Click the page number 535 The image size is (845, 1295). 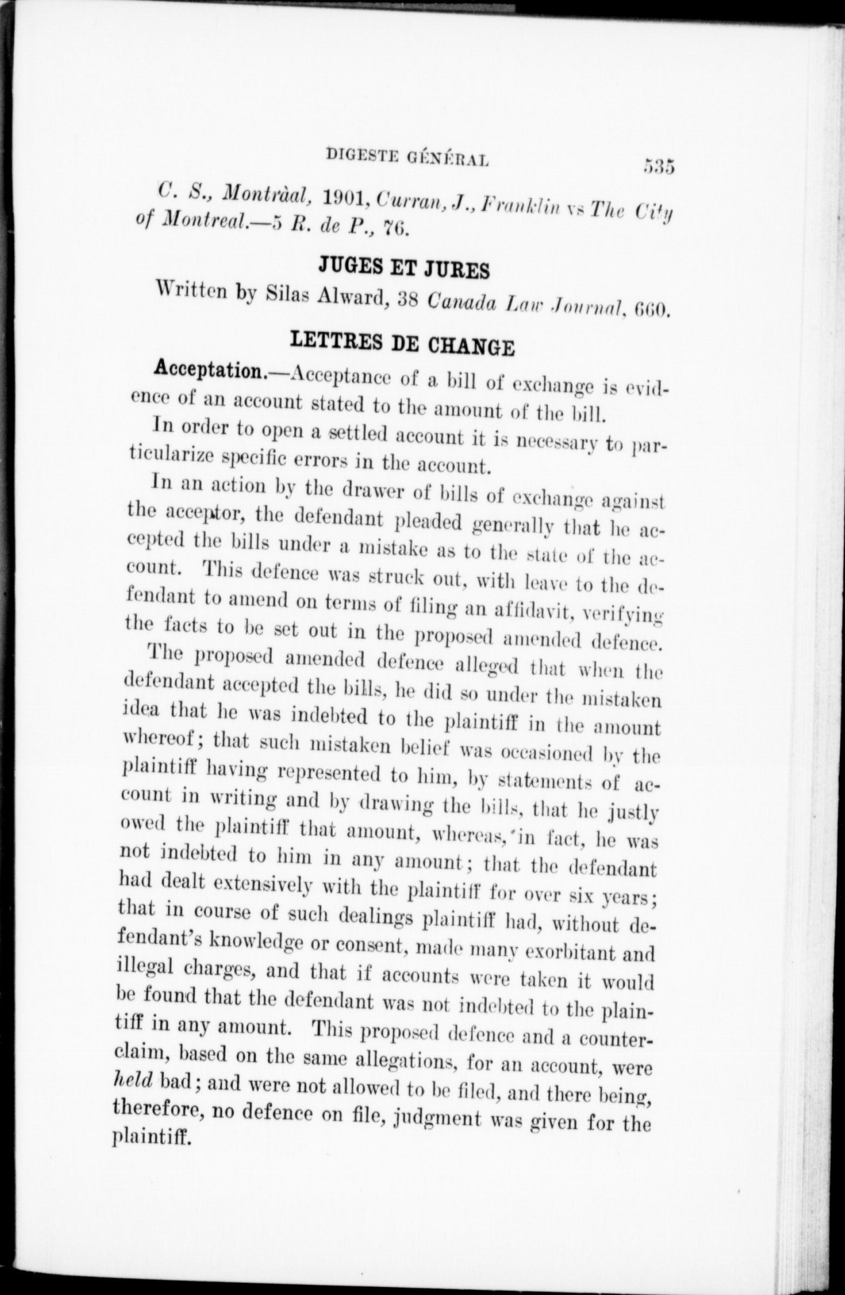point(658,165)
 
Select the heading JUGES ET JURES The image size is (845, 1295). point(403,269)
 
